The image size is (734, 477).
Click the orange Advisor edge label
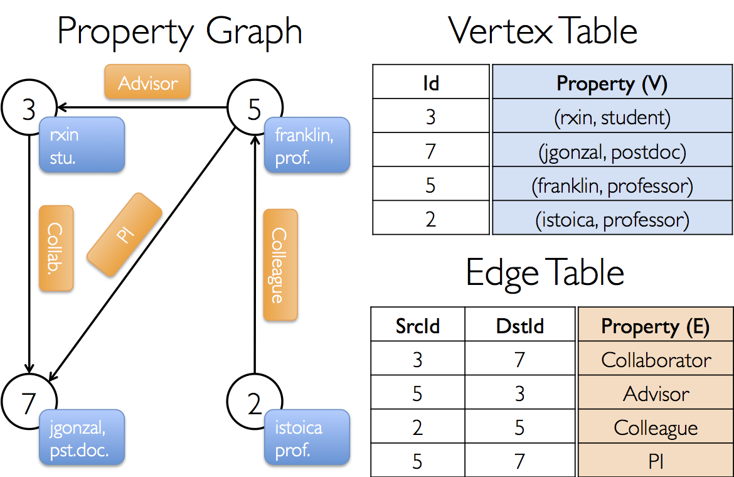[147, 82]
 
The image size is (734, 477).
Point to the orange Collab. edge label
[56, 248]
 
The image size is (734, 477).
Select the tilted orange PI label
[124, 234]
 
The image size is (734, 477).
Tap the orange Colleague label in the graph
[280, 265]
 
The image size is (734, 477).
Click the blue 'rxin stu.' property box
[81, 145]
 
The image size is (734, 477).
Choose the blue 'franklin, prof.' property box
[306, 145]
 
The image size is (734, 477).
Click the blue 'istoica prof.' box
[306, 438]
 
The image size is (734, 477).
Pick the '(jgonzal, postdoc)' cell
[612, 152]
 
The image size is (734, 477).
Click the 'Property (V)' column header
[612, 82]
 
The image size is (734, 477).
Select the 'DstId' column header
[520, 326]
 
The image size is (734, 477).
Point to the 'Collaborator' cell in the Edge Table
[656, 360]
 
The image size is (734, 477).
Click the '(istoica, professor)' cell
[612, 220]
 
